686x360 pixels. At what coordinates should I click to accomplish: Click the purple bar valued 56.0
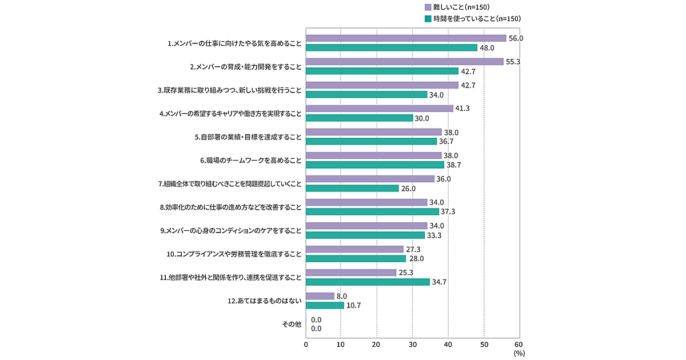pyautogui.click(x=406, y=38)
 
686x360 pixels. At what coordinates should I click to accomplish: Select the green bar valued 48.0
pyautogui.click(x=392, y=48)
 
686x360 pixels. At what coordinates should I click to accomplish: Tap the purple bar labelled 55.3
pyautogui.click(x=405, y=62)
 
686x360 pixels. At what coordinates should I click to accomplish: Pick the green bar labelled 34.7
pyautogui.click(x=368, y=282)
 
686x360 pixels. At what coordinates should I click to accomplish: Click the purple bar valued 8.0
pyautogui.click(x=320, y=296)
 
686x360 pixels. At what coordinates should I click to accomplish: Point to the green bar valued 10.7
pyautogui.click(x=325, y=305)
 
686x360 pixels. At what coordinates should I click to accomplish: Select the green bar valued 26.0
pyautogui.click(x=352, y=188)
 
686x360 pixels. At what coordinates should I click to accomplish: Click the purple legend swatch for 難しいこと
pyautogui.click(x=428, y=7)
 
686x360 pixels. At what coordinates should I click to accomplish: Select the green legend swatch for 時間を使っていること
pyautogui.click(x=428, y=18)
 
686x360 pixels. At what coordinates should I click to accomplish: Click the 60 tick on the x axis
pyautogui.click(x=519, y=344)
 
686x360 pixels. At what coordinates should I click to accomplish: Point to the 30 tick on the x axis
pyautogui.click(x=412, y=344)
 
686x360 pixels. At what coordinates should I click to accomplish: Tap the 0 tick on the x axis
pyautogui.click(x=306, y=344)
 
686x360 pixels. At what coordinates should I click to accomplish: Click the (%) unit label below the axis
pyautogui.click(x=519, y=354)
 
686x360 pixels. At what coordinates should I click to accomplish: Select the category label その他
pyautogui.click(x=292, y=324)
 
